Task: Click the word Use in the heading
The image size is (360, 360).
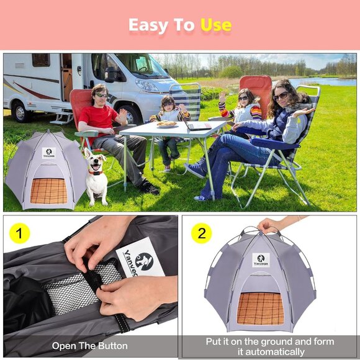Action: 215,25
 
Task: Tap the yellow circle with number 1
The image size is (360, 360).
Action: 20,233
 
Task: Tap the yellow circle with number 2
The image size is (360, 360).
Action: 200,233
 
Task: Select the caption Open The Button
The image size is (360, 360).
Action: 90,346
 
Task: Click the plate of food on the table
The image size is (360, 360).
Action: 166,124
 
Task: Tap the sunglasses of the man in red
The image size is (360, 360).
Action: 101,95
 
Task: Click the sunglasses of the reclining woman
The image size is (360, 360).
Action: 281,96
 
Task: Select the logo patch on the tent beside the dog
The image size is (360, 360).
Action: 48,153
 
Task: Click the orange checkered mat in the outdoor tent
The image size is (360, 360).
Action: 48,191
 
